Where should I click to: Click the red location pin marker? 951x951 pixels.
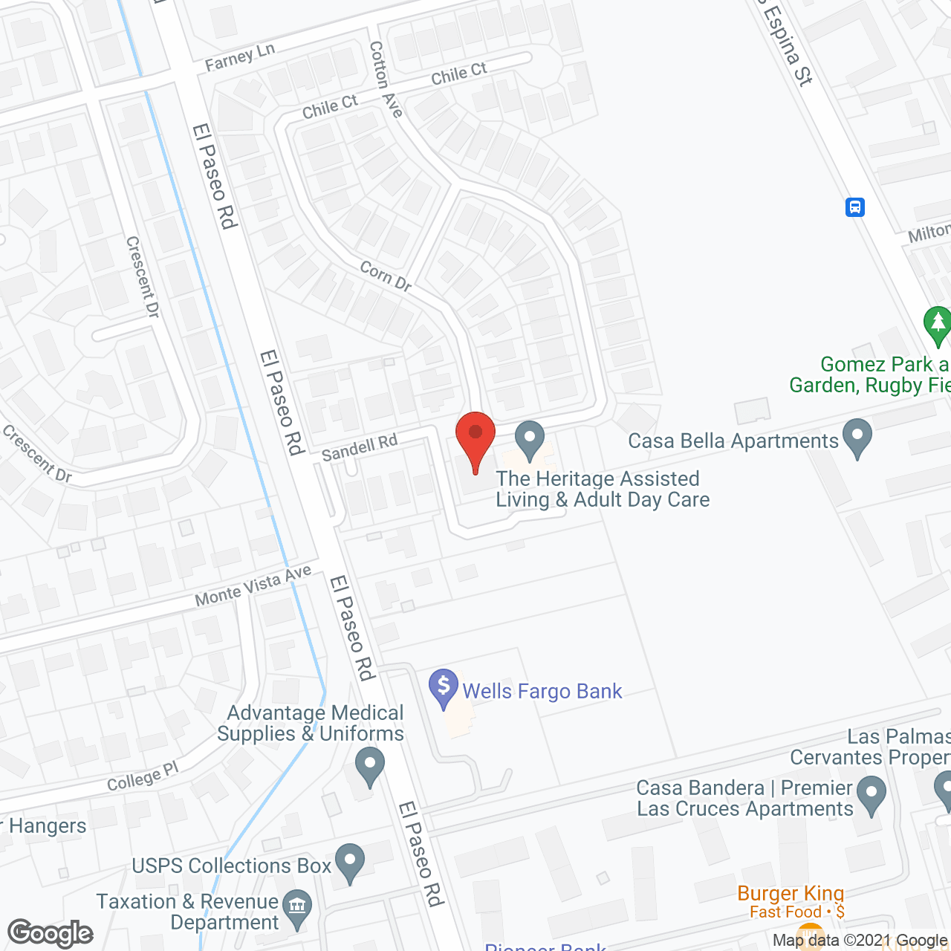point(475,438)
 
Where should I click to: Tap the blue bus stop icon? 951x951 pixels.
point(855,207)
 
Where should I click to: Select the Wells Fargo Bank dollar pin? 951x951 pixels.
point(444,687)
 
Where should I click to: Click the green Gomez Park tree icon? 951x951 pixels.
point(938,324)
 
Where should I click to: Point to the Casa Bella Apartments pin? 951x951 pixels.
point(857,438)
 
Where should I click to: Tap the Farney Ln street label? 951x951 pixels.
point(239,57)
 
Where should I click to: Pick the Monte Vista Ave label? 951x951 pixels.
point(253,586)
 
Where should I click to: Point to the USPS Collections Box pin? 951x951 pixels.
point(350,863)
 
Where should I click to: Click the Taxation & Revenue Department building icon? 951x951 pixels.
point(297,907)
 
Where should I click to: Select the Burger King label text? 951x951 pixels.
point(791,893)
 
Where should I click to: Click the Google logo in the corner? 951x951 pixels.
point(51,933)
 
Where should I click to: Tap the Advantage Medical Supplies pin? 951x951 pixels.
point(369,765)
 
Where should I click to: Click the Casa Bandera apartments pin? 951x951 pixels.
point(872,794)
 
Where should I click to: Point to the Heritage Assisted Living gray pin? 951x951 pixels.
point(530,439)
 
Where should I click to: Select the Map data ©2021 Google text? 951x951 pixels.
point(860,941)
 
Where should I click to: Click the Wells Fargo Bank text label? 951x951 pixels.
point(542,691)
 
